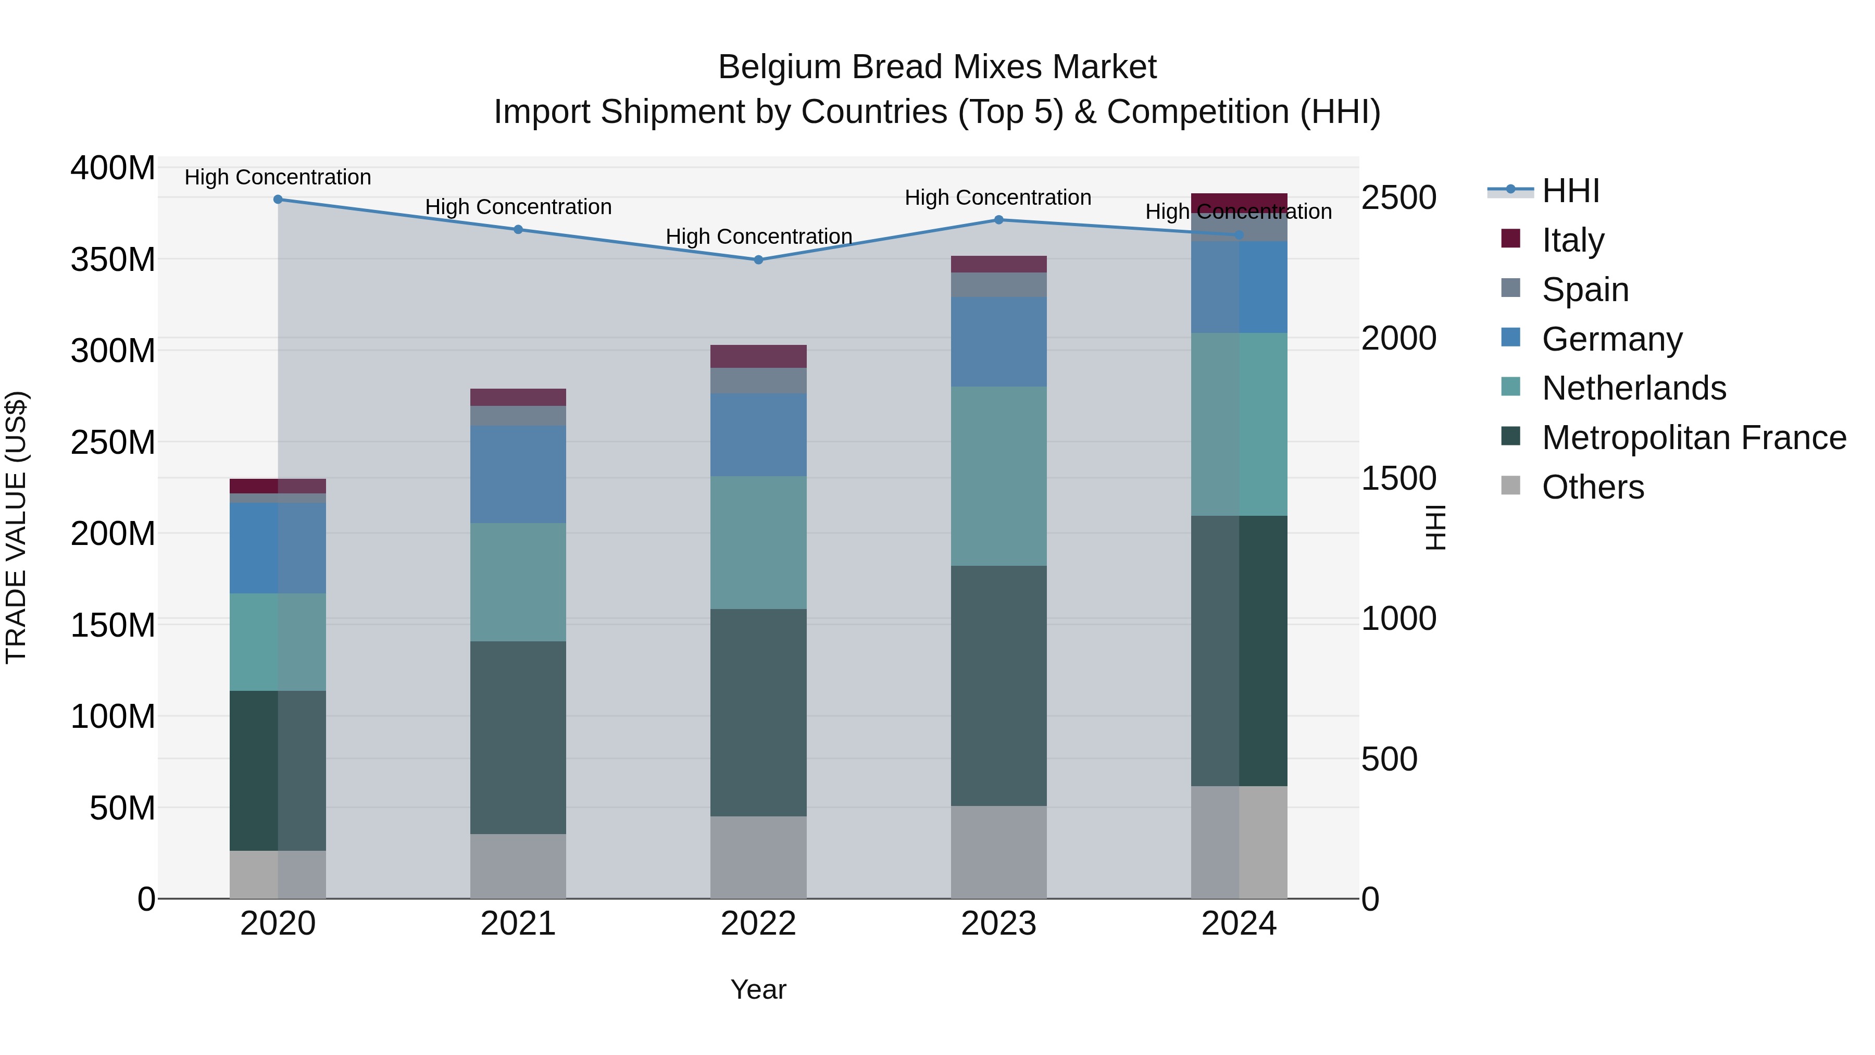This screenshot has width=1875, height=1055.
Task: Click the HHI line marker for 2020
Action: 278,200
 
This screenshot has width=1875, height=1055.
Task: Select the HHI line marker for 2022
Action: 758,260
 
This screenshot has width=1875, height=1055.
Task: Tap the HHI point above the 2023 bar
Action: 998,220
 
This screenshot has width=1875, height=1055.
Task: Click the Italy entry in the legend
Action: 1572,240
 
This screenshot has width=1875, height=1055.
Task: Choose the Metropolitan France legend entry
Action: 1694,438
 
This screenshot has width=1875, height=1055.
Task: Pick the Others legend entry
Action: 1593,487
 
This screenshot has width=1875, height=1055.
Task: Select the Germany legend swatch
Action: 1511,338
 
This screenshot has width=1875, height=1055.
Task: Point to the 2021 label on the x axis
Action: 518,924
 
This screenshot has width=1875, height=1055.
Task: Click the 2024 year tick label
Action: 1239,924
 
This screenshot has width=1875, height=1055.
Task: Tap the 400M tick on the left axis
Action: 113,168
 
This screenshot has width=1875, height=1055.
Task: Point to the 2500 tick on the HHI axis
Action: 1399,198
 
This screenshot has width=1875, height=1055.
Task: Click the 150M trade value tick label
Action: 113,625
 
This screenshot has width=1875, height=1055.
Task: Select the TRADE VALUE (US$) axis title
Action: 16,527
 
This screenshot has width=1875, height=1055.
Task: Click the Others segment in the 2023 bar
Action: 998,852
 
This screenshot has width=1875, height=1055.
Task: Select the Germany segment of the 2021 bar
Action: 518,474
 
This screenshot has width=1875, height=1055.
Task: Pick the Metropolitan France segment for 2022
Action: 758,712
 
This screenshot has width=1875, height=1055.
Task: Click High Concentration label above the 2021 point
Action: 518,207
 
